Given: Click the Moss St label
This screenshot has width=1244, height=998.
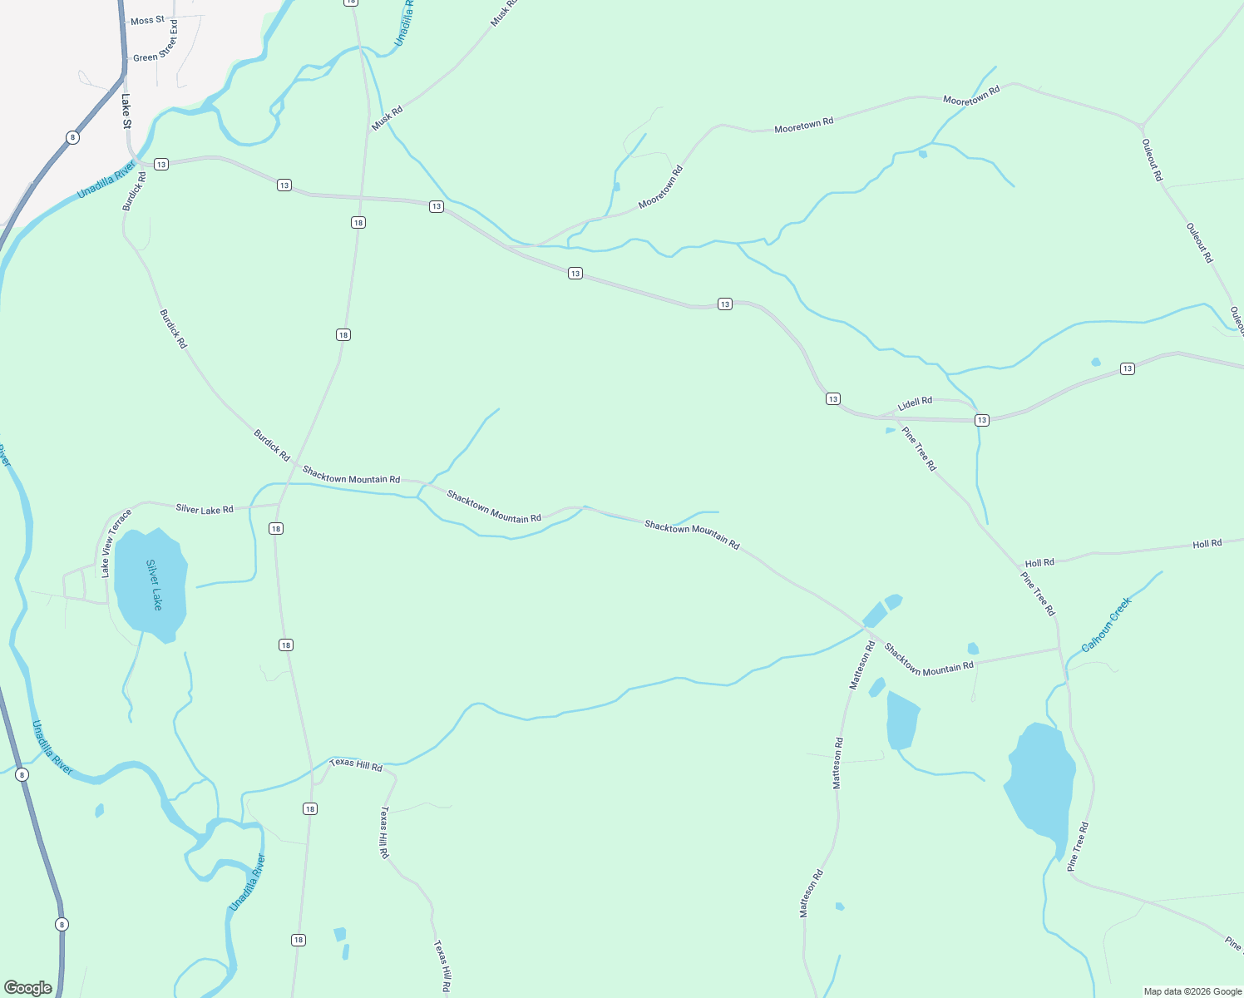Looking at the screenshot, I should coord(147,20).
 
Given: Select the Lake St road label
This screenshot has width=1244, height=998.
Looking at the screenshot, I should coord(126,111).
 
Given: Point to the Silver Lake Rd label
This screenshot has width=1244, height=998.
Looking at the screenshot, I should coord(205,509).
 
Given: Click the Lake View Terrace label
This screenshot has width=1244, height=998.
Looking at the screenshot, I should coord(116,543).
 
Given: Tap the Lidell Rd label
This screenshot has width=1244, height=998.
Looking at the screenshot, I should coord(915,403).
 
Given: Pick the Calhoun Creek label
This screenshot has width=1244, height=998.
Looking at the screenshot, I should coord(1107,625).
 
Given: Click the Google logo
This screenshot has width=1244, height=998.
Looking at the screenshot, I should coord(27,988).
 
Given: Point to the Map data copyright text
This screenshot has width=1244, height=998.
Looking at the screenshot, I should coord(1192,991).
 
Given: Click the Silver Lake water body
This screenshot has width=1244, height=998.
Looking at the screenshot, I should coord(152,582).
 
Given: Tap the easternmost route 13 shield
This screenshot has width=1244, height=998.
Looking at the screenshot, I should coord(1127,368).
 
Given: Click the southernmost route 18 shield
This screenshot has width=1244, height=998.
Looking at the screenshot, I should coord(299,940).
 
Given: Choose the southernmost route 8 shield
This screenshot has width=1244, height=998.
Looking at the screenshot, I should coord(62,924).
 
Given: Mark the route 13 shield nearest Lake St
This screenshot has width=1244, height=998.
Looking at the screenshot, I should coord(161,164).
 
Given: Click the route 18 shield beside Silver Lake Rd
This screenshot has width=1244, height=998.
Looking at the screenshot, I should coord(276,528).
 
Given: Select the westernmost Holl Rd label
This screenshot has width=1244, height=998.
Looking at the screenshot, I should coord(1039,563).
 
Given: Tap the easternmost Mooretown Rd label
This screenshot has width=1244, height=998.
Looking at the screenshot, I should coord(971,95).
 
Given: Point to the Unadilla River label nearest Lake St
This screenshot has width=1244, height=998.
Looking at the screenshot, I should coord(106,180).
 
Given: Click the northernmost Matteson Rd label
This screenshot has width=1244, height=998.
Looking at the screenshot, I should coord(861,665).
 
